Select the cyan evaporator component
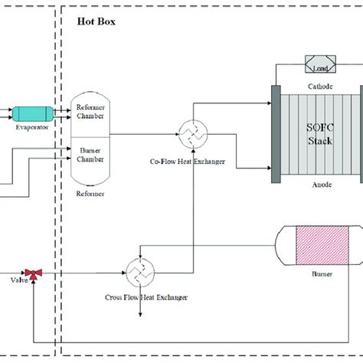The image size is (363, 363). point(31,114)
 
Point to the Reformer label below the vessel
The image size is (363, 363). point(90,194)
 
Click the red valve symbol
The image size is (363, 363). point(33,272)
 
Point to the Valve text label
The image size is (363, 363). point(18,281)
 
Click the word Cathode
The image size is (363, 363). point(316,87)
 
